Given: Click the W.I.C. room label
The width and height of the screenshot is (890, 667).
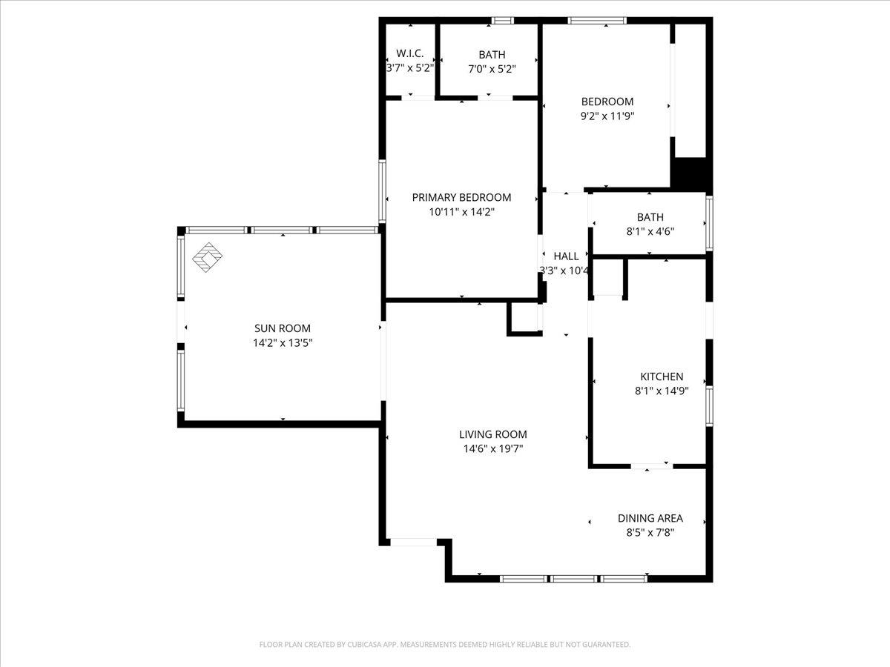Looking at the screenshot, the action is coord(410,53).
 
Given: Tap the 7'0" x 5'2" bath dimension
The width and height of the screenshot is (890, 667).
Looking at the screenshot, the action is coord(492,69).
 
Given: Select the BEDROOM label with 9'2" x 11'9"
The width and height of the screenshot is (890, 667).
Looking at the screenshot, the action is coord(607,102).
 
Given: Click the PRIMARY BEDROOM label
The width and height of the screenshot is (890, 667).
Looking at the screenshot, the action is coord(461,198).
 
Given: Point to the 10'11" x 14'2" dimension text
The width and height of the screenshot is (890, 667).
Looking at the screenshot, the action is coord(462,212).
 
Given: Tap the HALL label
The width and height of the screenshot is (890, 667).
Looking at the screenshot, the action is coord(566,256).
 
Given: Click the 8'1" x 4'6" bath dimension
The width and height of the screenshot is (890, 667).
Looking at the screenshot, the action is coord(650,232).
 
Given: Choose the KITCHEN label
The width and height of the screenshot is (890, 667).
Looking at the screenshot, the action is coord(662,376).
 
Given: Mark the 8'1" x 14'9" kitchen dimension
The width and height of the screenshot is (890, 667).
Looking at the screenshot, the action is coord(662,391).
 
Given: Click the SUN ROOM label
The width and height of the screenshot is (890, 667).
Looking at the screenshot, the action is coord(283,328).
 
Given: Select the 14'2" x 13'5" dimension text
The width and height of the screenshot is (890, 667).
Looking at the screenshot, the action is coord(283,343).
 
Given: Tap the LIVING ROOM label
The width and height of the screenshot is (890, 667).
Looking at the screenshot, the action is coord(493,434).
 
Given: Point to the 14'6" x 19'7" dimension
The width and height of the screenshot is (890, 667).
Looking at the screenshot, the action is coord(493,449).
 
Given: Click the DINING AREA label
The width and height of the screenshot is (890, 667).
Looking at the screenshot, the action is coord(650,518).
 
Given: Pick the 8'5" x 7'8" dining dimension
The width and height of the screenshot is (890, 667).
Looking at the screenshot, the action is coord(650,533).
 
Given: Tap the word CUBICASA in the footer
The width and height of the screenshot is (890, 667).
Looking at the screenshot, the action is coord(364,644).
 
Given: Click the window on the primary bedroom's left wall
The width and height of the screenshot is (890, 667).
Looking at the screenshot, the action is coord(382,191).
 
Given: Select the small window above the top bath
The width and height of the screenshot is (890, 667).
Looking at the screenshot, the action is coord(502,21).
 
